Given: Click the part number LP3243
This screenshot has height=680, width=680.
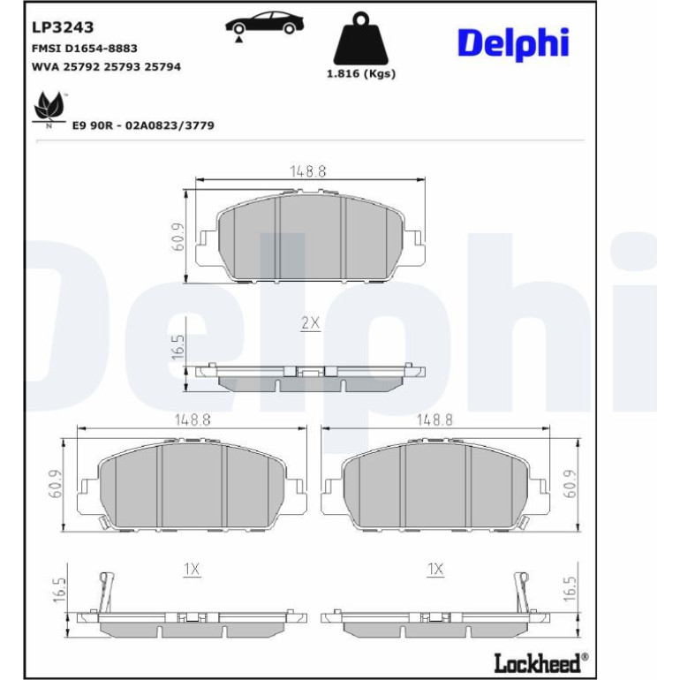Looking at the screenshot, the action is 63,27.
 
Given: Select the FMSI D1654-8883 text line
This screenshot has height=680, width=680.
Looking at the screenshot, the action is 85,49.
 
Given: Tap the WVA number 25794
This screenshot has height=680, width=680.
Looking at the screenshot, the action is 162,67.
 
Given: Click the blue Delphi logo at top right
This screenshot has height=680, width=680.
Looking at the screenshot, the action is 513,44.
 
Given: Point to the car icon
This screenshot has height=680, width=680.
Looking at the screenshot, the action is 264,26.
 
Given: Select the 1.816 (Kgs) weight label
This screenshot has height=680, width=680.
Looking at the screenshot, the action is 361,73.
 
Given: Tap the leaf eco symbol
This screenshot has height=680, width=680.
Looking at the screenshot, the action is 49,109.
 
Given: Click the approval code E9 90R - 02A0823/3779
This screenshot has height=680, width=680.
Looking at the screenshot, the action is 143,125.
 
